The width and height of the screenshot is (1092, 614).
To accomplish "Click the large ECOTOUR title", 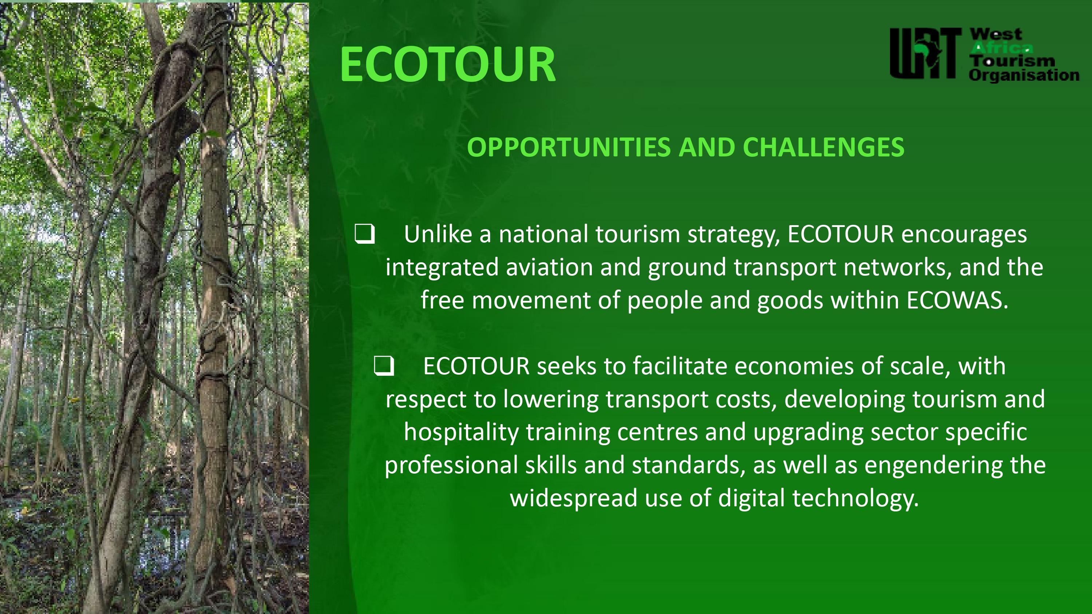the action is point(448,64).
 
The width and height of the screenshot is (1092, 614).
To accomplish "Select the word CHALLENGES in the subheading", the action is point(823,147).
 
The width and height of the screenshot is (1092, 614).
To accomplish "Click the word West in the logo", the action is point(996,34).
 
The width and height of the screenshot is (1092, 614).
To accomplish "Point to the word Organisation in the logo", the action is point(1024,75).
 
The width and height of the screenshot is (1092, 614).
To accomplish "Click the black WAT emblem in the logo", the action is point(925,53).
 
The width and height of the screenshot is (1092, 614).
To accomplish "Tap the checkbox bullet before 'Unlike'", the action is point(365,234).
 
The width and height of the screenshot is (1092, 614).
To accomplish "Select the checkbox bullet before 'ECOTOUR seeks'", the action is point(384,366).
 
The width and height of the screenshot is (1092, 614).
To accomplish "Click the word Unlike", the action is point(438,234).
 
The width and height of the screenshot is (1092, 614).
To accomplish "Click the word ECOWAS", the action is point(958,300).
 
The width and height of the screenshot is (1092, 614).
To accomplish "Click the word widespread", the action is point(574,498).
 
